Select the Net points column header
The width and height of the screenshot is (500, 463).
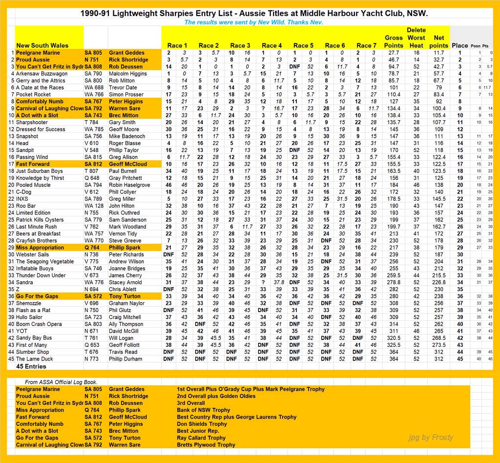[438, 42]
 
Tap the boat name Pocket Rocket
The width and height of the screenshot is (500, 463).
[33, 94]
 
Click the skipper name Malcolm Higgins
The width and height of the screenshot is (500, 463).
[128, 74]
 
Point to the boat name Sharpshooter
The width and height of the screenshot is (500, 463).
[32, 122]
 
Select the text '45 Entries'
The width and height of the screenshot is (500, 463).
[32, 366]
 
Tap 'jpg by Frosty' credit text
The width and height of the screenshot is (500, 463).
[430, 437]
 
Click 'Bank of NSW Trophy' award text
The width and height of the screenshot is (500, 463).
[203, 410]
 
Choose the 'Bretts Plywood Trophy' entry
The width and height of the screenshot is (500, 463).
[206, 445]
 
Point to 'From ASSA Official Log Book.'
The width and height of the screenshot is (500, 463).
[61, 382]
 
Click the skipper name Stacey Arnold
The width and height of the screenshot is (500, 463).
[126, 282]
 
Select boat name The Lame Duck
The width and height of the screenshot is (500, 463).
[34, 359]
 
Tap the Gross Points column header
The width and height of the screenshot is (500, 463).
[394, 42]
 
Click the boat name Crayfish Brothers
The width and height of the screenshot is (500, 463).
[37, 240]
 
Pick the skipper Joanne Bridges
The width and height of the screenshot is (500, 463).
[127, 268]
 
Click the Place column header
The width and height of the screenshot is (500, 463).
[459, 45]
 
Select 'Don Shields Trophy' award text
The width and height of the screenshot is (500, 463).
[203, 424]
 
